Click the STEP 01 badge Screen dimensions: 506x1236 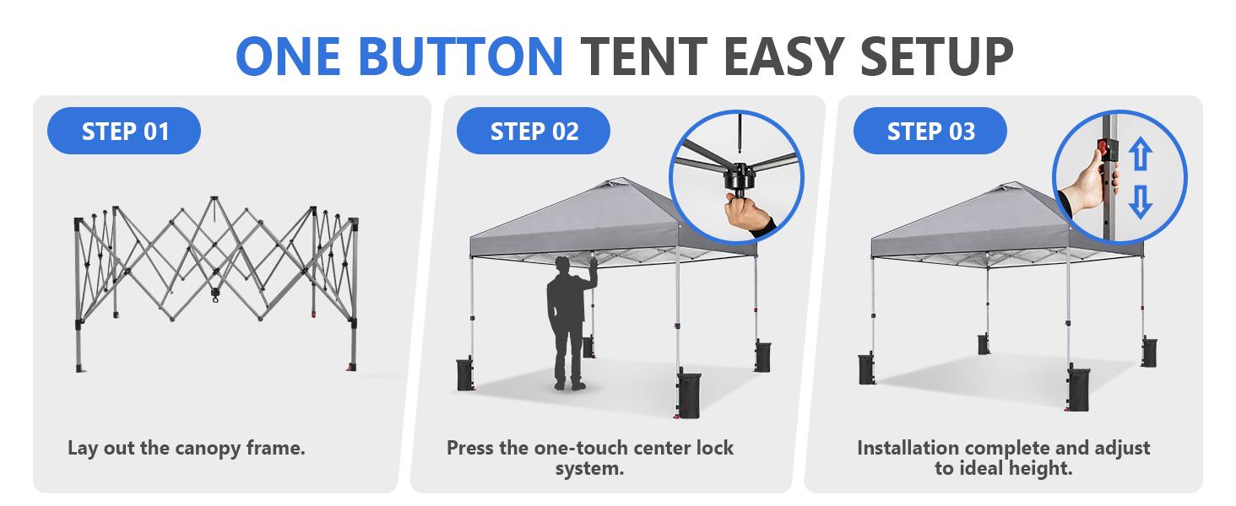tap(124, 132)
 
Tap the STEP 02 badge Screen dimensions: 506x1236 tap(534, 132)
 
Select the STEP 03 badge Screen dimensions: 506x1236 tap(930, 132)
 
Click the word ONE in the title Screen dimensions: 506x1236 tap(290, 56)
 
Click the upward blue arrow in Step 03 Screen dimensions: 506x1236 tap(1141, 157)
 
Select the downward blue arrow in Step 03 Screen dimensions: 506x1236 tap(1141, 202)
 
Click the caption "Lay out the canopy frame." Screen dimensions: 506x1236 tap(186, 448)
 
